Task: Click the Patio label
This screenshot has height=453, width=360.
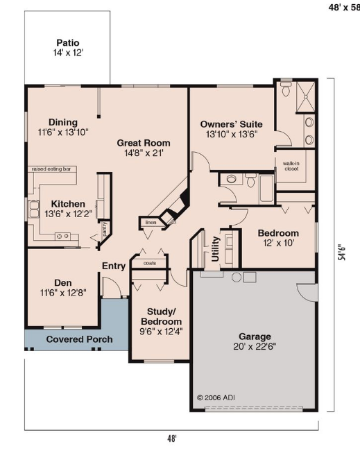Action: click(x=68, y=43)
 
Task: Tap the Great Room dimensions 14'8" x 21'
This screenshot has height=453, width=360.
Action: click(x=144, y=153)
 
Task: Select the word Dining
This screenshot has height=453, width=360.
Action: click(x=63, y=123)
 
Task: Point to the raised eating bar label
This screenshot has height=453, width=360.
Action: click(x=51, y=169)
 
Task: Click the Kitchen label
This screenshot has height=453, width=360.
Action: click(x=68, y=204)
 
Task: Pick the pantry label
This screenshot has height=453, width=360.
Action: click(x=105, y=229)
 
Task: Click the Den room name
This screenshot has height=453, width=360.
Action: click(x=63, y=283)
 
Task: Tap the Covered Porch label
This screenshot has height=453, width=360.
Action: click(x=80, y=339)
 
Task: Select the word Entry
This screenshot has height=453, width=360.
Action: click(x=114, y=266)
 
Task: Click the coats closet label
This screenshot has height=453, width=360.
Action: click(x=150, y=263)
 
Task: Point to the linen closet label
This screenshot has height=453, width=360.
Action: click(x=151, y=222)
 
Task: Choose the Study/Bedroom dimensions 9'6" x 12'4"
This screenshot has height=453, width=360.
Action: click(x=161, y=332)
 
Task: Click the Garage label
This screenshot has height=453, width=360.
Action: click(x=255, y=336)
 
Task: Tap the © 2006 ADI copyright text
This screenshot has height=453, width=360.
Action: click(x=216, y=398)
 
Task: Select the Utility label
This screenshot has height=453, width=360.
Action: click(x=216, y=249)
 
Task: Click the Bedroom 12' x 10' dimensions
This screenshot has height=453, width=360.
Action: click(x=279, y=243)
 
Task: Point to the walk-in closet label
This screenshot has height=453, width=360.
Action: click(x=291, y=166)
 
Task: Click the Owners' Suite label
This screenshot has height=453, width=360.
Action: click(x=232, y=124)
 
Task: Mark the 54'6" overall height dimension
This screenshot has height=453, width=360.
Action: click(x=342, y=253)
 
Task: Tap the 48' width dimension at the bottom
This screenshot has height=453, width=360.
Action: click(x=171, y=438)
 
